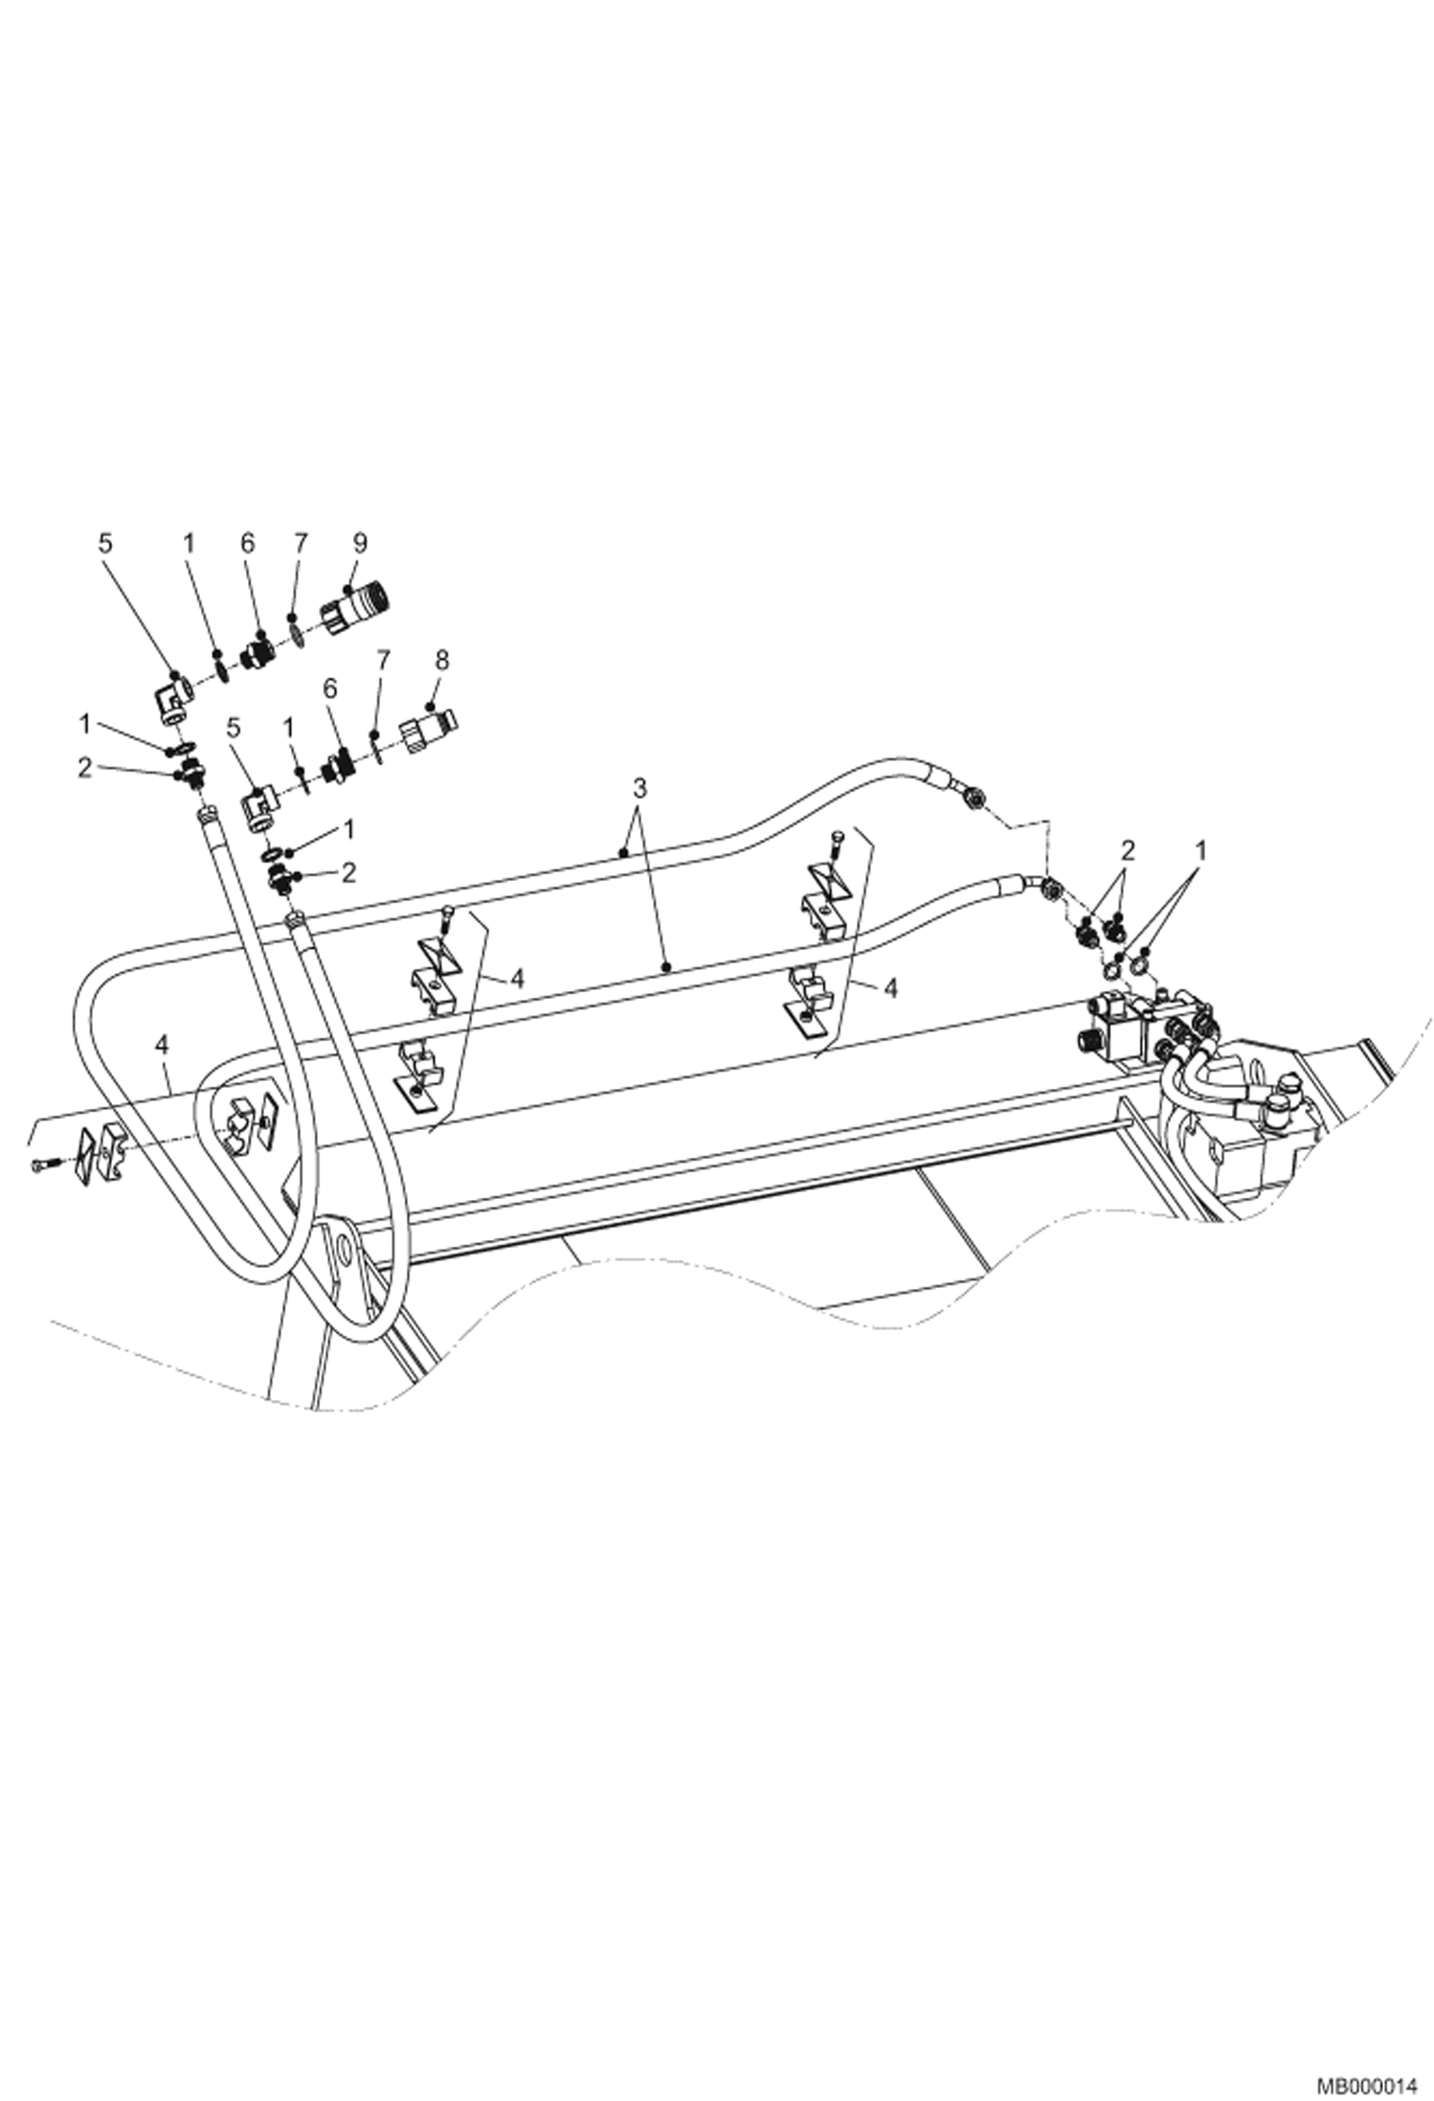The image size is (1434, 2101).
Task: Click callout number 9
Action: click(360, 543)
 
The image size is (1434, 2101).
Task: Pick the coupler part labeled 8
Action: click(427, 732)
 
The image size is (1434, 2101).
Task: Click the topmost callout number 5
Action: click(105, 543)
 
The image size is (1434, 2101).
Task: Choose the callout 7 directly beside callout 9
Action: click(302, 543)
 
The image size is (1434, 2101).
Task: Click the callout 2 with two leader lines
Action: click(1129, 847)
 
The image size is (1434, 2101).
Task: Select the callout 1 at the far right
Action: click(1202, 847)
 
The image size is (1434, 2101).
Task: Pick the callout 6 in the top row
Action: click(248, 543)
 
